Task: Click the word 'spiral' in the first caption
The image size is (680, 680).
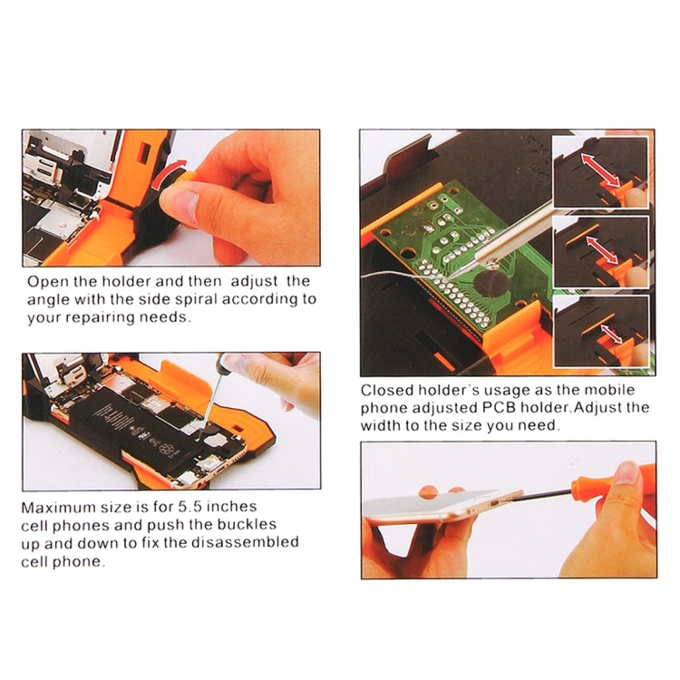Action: click(x=205, y=299)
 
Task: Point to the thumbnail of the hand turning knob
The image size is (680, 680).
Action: click(x=170, y=198)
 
